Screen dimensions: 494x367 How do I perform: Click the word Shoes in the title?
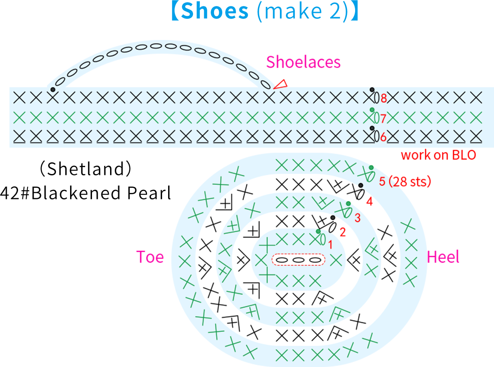point(215,11)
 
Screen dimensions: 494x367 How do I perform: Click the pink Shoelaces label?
point(304,62)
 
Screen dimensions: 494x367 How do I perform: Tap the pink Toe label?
point(150,257)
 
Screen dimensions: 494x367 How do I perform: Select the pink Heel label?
point(443,257)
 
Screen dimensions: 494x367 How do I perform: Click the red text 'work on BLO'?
point(438,155)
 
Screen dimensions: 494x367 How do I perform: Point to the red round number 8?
point(384,98)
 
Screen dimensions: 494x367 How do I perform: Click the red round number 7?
point(383,119)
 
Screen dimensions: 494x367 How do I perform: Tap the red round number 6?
point(383,137)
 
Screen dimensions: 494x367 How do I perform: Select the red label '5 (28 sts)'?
point(405,181)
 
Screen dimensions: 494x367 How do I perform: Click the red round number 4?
point(370,201)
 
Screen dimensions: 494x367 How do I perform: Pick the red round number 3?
point(357,218)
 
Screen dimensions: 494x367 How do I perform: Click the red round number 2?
point(343,232)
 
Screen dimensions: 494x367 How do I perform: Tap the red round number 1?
point(330,245)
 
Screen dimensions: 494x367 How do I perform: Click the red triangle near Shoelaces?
point(280,84)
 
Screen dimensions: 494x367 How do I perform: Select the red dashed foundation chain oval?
point(298,260)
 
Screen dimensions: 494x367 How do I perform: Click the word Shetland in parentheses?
point(86,169)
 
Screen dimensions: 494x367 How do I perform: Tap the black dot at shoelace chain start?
point(53,89)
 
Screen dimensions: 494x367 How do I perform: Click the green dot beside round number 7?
point(372,110)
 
